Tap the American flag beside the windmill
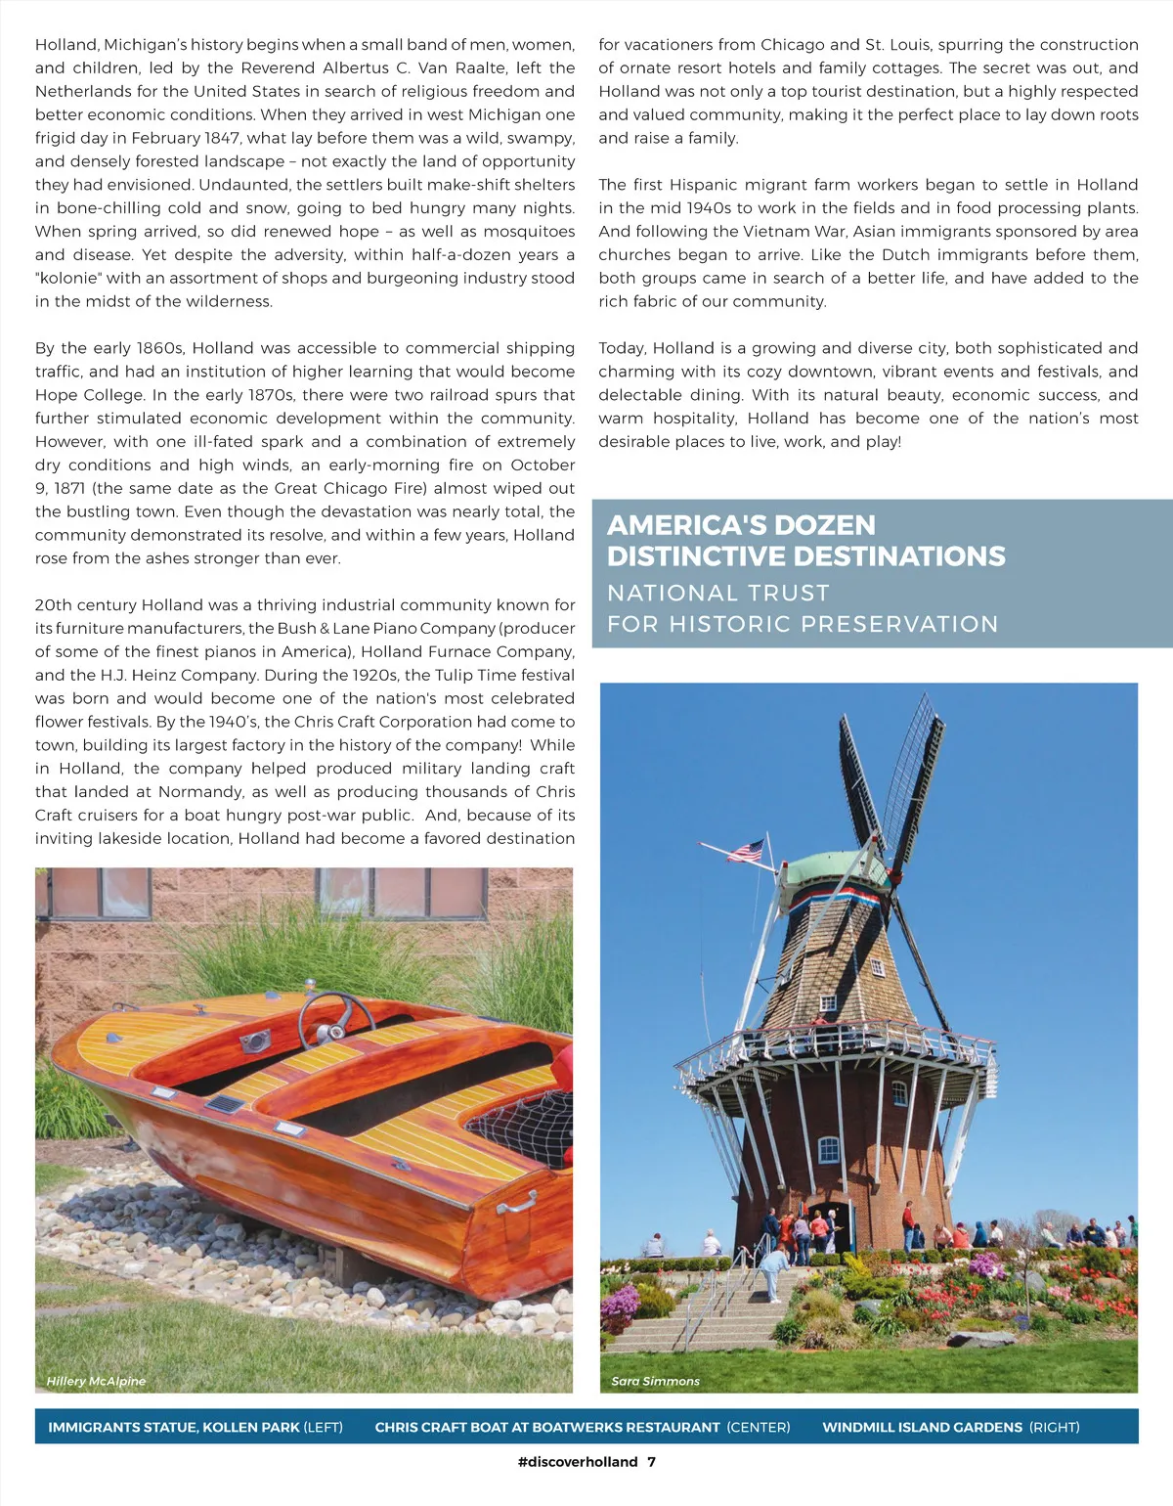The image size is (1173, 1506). coord(746,851)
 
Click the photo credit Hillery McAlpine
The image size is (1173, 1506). coord(96,1381)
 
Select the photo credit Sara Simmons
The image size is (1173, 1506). coord(655,1381)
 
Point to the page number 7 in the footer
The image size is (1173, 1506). coord(652,1462)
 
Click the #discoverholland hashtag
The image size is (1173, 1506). coord(577,1462)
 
